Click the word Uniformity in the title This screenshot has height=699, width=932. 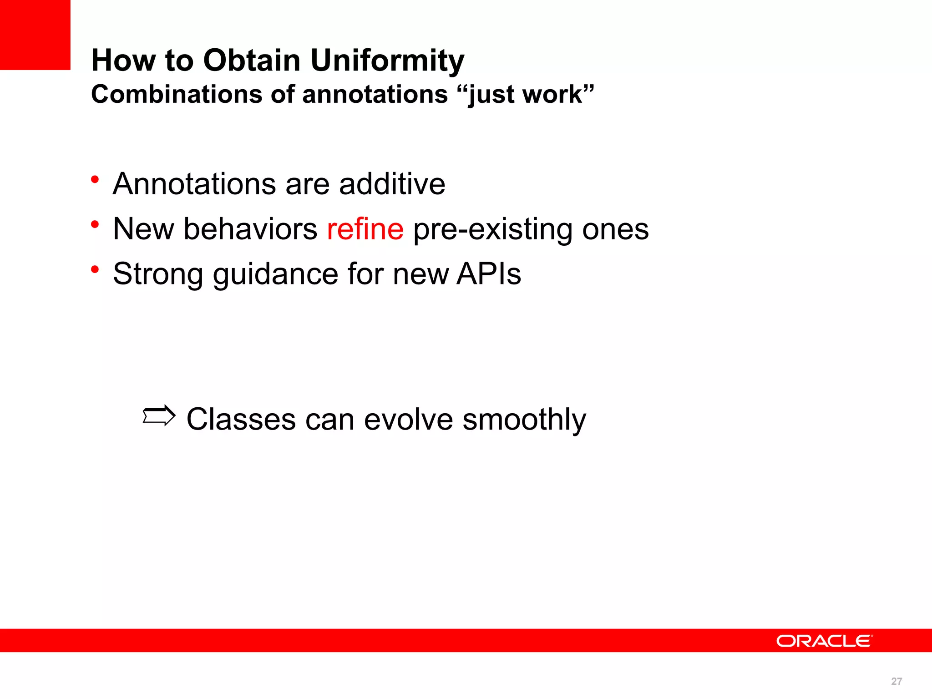tap(388, 61)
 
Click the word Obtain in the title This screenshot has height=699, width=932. tap(252, 60)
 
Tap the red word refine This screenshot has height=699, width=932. tap(365, 229)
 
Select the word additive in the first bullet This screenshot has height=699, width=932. tap(392, 184)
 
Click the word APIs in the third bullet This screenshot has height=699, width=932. tap(488, 274)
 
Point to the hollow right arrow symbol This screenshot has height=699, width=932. tap(159, 415)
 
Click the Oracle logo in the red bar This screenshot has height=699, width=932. tap(824, 641)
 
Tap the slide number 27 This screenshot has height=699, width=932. tap(896, 681)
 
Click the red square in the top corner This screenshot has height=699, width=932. tap(35, 35)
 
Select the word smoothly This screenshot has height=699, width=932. tap(524, 420)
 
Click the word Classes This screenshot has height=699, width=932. tap(241, 420)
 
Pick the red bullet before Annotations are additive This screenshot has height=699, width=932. tap(95, 179)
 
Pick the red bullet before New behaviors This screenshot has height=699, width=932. tap(95, 224)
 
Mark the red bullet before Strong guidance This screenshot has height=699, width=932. tap(95, 269)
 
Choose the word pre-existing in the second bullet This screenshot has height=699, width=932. tap(492, 229)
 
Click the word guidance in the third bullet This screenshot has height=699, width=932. tap(275, 274)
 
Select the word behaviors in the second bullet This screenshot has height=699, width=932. tap(250, 229)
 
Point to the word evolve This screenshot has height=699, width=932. tap(408, 420)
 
